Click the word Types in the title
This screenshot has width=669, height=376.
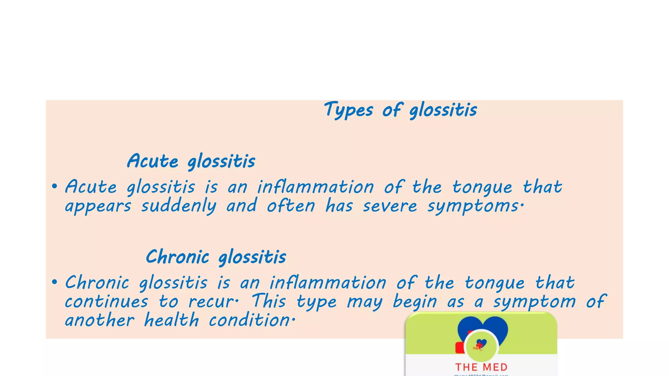[348, 110]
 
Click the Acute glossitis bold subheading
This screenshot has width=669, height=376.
[191, 161]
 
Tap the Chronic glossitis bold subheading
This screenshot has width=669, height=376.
[216, 257]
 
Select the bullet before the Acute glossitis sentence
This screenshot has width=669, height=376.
[55, 187]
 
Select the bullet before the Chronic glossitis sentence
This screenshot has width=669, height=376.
[55, 282]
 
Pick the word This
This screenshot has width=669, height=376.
[269, 301]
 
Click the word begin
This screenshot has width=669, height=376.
[415, 301]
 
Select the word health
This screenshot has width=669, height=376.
[171, 320]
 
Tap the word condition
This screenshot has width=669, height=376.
[250, 320]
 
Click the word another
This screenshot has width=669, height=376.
[100, 320]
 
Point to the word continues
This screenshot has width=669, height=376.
[106, 301]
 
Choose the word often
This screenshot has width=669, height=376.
[291, 206]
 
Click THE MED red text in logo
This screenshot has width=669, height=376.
[481, 367]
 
